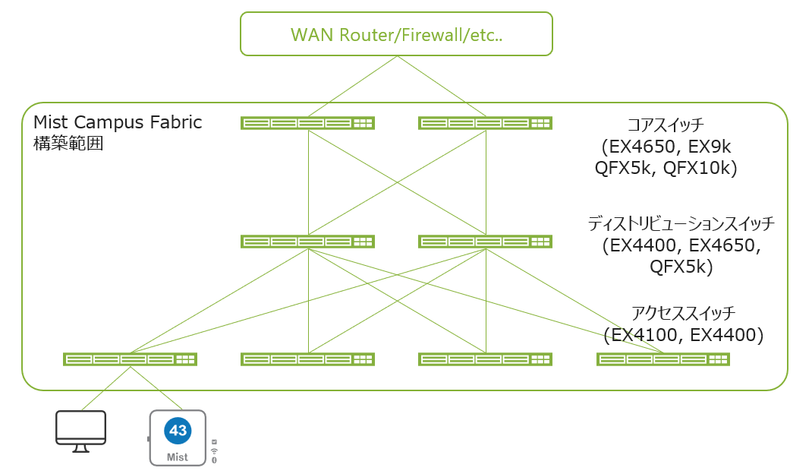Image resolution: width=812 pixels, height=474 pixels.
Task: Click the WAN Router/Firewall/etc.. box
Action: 395,34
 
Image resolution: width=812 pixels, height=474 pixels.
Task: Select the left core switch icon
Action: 307,123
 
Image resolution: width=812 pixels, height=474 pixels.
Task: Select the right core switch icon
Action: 485,123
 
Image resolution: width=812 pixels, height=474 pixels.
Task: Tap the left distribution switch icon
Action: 307,242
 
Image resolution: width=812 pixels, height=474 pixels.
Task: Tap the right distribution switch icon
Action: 485,242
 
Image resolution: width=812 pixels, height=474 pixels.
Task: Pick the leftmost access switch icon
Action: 130,359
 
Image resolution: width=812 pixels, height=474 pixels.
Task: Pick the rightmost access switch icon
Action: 663,359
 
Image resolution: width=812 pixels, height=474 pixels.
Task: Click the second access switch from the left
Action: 307,359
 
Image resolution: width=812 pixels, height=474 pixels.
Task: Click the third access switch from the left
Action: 485,359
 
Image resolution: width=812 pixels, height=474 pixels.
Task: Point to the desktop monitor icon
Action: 80,430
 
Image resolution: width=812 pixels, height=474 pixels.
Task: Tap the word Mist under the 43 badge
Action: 178,457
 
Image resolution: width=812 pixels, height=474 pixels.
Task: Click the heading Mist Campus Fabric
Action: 118,122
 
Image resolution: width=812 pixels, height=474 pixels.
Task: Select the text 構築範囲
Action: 68,143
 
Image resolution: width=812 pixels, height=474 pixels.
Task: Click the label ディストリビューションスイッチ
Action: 681,223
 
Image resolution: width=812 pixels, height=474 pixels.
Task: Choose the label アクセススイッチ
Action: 683,313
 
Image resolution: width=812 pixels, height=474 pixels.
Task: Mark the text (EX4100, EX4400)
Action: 683,334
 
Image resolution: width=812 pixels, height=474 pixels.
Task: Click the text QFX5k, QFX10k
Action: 666,169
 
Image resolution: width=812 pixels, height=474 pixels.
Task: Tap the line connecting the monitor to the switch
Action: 105,388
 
